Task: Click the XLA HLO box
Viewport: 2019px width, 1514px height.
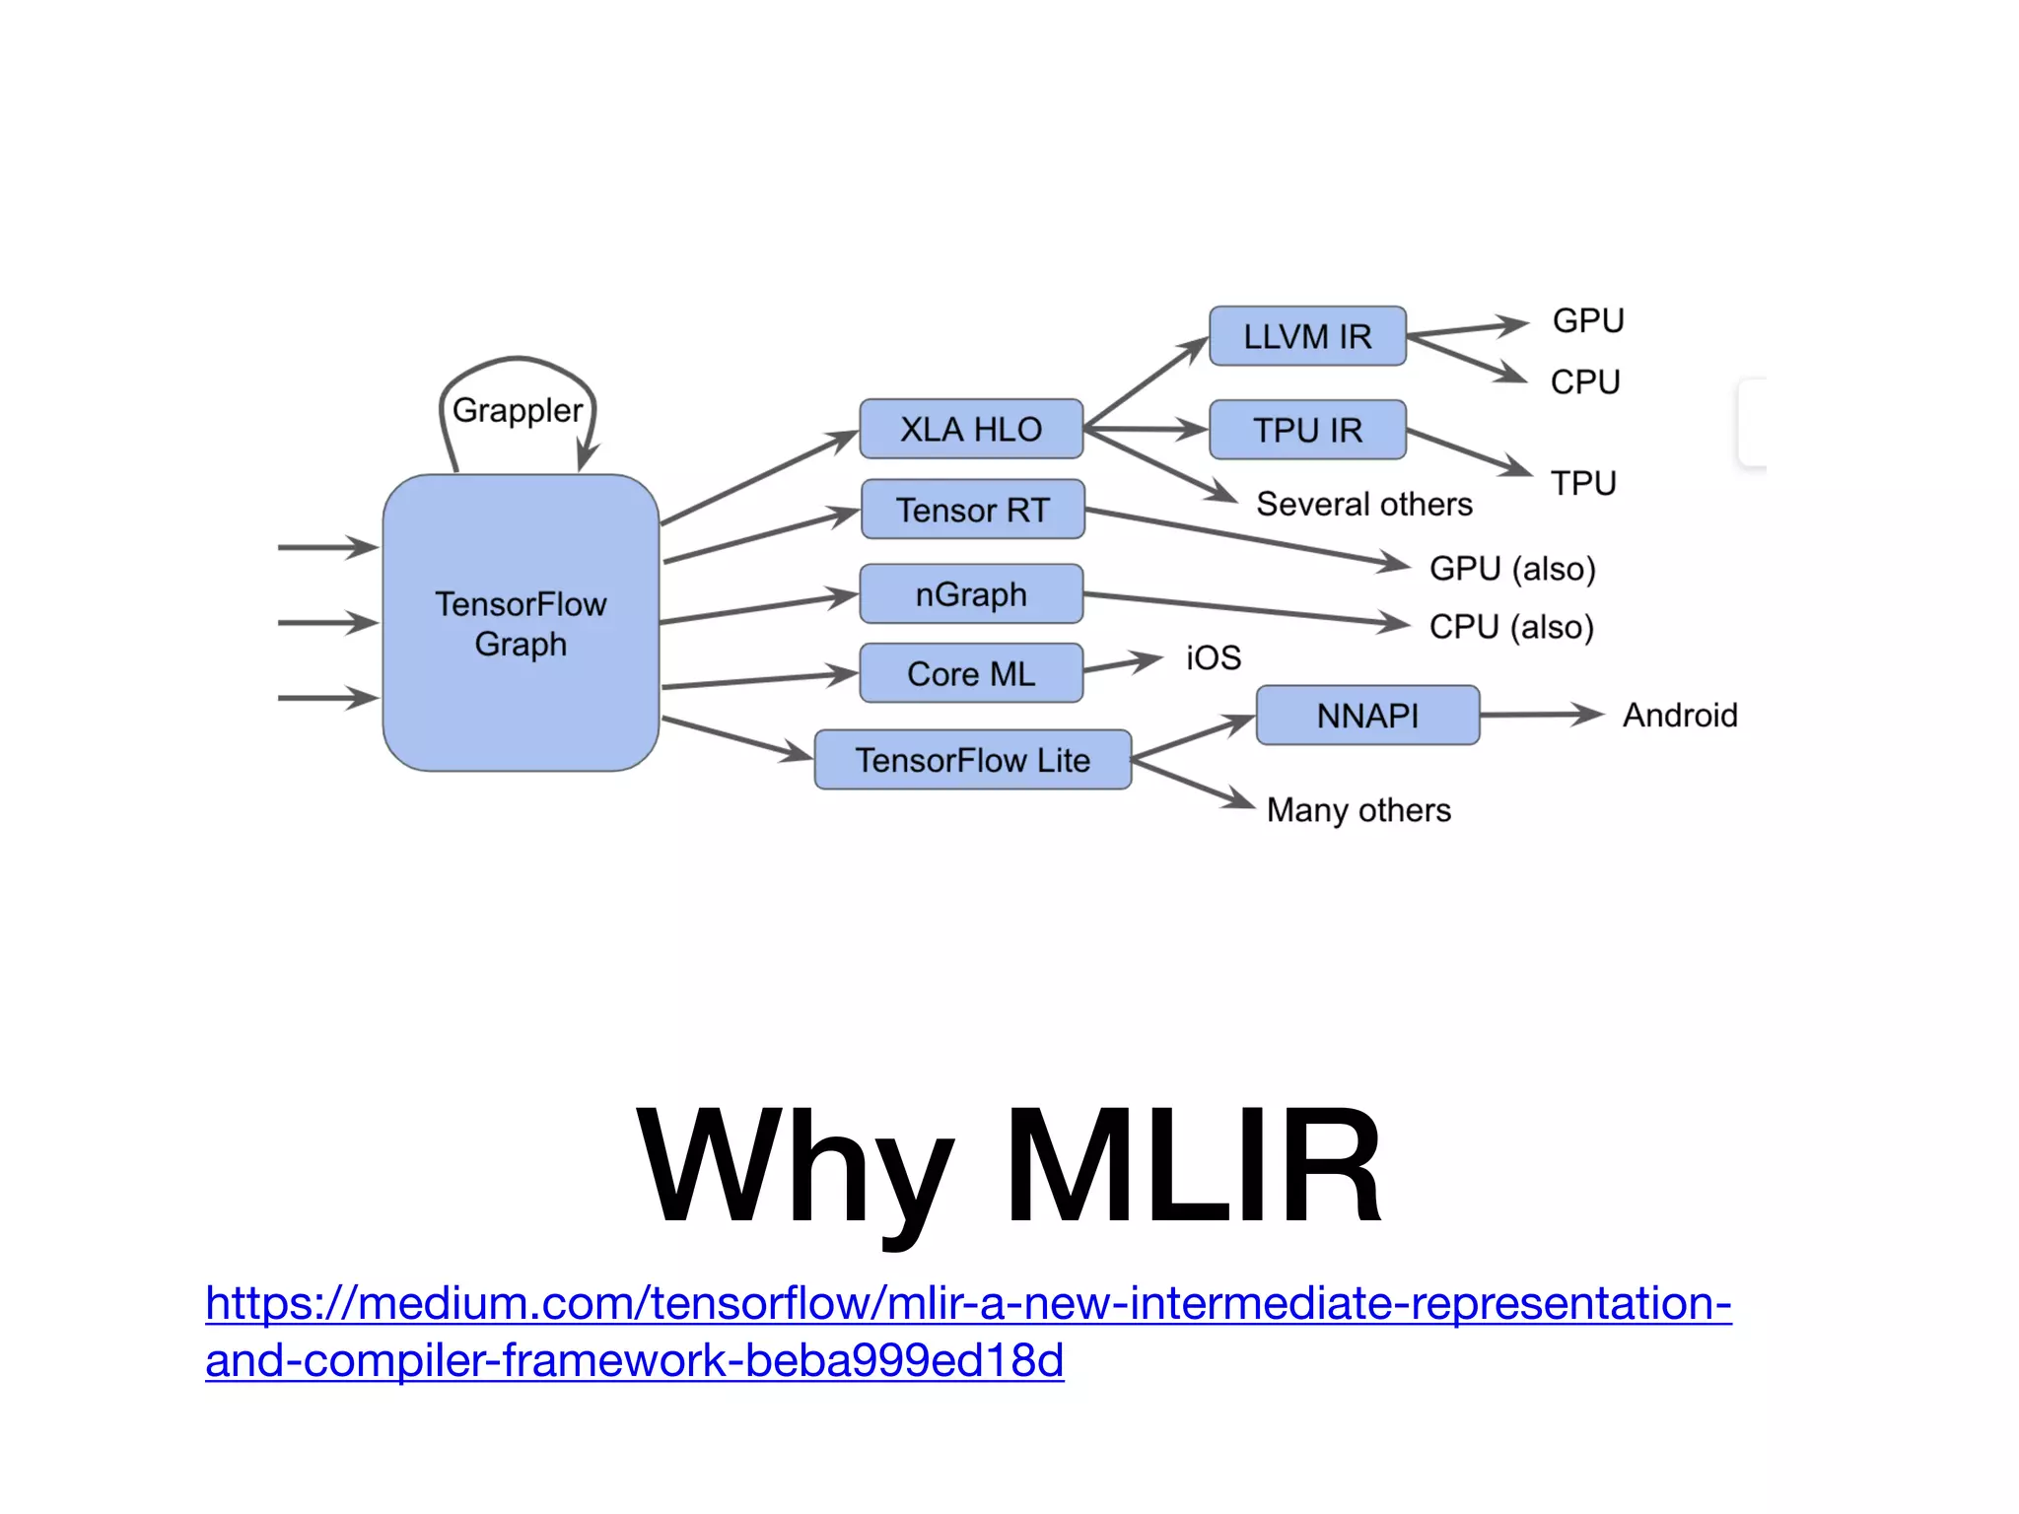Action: (x=971, y=429)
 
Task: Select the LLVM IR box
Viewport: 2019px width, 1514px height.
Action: (x=1307, y=336)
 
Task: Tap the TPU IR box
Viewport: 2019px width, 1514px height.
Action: (x=1307, y=430)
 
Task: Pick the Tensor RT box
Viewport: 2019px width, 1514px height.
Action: (x=973, y=510)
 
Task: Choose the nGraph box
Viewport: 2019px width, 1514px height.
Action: (x=971, y=594)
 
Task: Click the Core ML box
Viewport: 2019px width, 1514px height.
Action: (x=971, y=673)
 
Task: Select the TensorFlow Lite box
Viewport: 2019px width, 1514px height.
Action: (x=972, y=760)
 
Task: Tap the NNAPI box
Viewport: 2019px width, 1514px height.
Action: (x=1367, y=716)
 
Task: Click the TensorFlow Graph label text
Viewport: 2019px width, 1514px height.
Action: (x=521, y=623)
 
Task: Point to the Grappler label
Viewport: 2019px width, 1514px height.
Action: (x=517, y=410)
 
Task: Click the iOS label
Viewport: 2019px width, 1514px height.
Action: (x=1213, y=657)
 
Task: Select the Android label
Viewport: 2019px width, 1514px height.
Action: (x=1680, y=715)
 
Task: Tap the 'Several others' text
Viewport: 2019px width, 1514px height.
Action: (x=1363, y=504)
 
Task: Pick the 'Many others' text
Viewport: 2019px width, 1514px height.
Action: (x=1358, y=810)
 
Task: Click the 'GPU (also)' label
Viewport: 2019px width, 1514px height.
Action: (x=1511, y=569)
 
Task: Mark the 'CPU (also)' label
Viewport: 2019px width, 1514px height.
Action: (x=1511, y=627)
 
